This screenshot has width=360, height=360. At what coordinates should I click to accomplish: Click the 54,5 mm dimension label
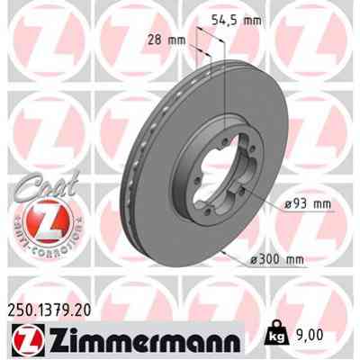click(x=245, y=17)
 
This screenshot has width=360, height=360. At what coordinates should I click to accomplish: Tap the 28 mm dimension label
click(x=168, y=40)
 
